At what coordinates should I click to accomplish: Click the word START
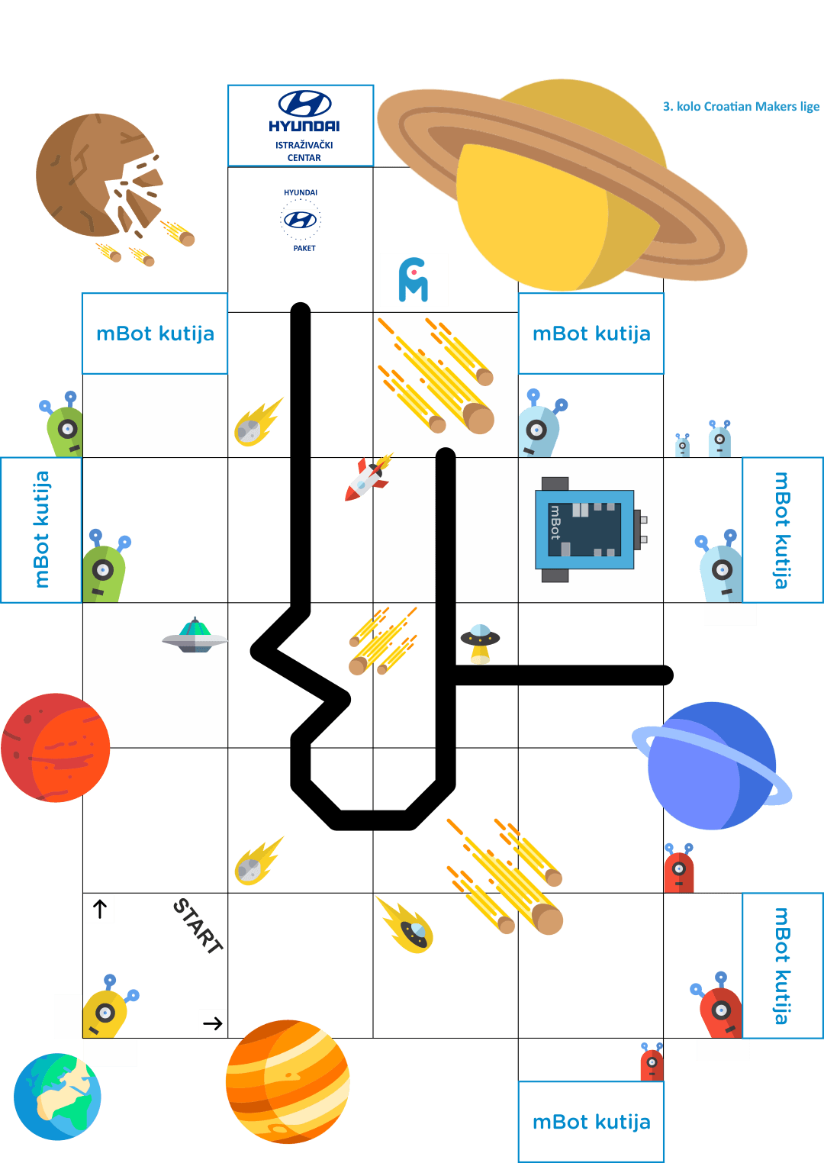[198, 926]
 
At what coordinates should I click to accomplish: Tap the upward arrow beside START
[100, 909]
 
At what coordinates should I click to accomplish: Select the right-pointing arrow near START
[212, 1023]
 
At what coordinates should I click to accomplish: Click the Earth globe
[57, 1097]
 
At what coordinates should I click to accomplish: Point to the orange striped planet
[288, 1081]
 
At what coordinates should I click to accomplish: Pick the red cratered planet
[55, 748]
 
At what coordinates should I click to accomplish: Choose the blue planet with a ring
[712, 765]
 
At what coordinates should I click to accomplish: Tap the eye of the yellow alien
[105, 1013]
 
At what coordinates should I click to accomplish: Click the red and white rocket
[369, 478]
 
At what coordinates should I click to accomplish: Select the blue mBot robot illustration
[591, 530]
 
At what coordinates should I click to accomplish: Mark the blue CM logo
[414, 280]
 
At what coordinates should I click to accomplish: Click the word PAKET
[304, 248]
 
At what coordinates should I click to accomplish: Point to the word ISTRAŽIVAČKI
[304, 145]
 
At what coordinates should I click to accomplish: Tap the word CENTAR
[304, 158]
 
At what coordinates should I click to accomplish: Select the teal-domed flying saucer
[195, 636]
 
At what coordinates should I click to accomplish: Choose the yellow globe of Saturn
[561, 185]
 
